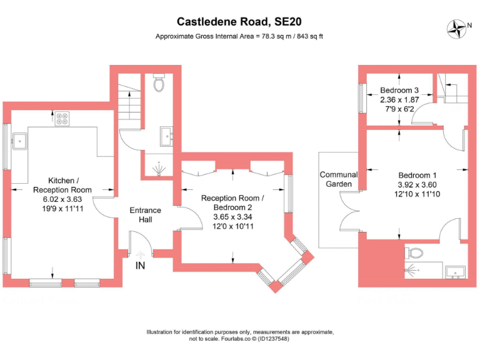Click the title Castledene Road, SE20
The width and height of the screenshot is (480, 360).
[x=239, y=22]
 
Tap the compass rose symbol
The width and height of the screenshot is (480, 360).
[x=456, y=29]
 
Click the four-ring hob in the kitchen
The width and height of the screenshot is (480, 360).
[x=62, y=119]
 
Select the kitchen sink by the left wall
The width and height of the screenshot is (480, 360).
[x=20, y=141]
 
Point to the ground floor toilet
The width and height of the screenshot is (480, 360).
[x=159, y=82]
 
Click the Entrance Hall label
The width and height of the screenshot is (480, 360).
[x=146, y=214]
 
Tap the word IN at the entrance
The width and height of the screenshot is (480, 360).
[x=140, y=266]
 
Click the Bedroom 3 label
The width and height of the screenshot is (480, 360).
[x=399, y=90]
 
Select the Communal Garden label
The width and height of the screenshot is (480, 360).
[x=339, y=179]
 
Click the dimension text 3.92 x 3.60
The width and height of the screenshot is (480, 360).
[x=417, y=184]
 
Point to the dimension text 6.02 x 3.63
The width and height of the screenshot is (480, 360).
[x=62, y=199]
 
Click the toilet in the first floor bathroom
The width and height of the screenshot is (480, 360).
[x=414, y=253]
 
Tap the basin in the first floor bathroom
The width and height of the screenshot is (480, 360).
[x=455, y=272]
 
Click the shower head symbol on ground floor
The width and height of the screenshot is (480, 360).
[x=159, y=169]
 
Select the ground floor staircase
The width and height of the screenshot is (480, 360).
[x=129, y=102]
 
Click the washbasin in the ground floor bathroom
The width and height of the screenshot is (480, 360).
[x=166, y=136]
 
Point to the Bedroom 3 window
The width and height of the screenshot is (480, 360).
[x=362, y=98]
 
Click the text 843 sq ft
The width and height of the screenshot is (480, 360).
[x=310, y=36]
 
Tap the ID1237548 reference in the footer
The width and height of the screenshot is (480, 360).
[x=273, y=339]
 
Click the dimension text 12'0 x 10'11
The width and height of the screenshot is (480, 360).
[x=233, y=226]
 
